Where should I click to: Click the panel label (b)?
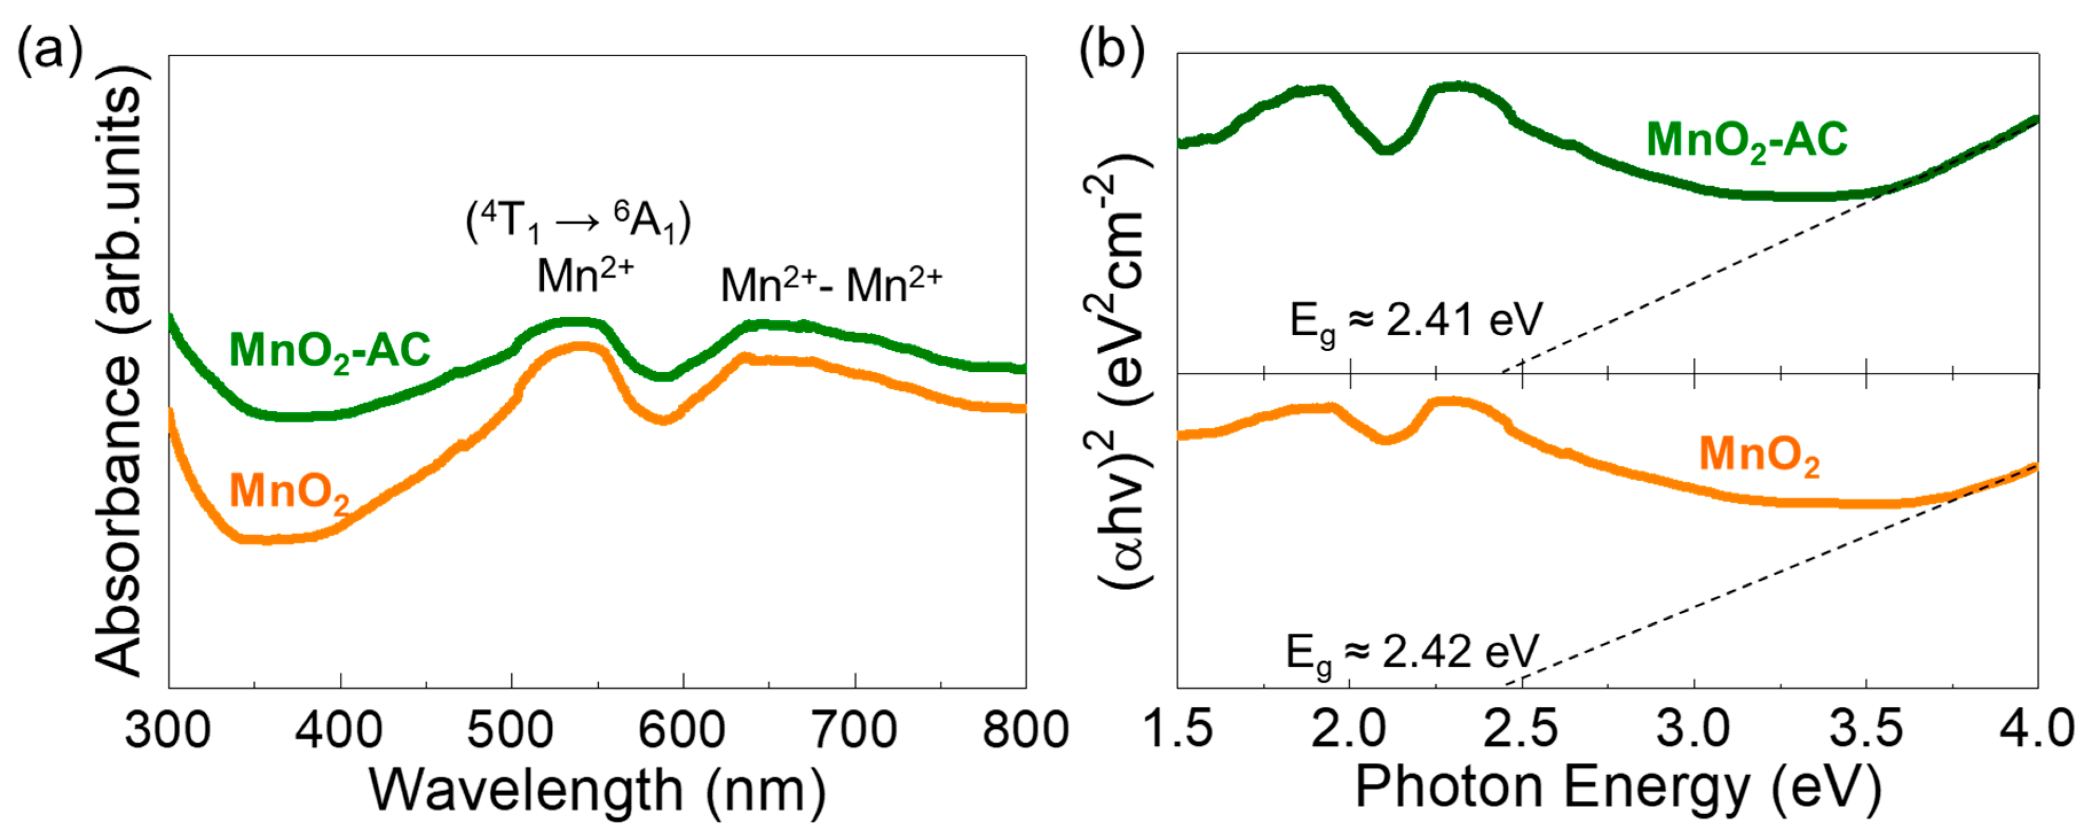point(1112,51)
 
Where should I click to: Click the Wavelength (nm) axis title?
point(598,790)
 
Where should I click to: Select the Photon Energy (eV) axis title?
point(1617,788)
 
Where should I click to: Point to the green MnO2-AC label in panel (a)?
point(330,351)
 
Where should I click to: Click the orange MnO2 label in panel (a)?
point(290,492)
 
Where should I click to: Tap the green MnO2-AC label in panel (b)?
point(1747,141)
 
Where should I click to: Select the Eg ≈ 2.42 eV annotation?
point(1412,653)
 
